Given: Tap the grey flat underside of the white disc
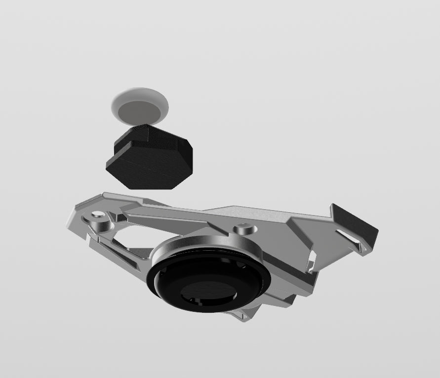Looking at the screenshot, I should pos(140,112).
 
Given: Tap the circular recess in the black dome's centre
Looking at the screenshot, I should pos(207,292).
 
